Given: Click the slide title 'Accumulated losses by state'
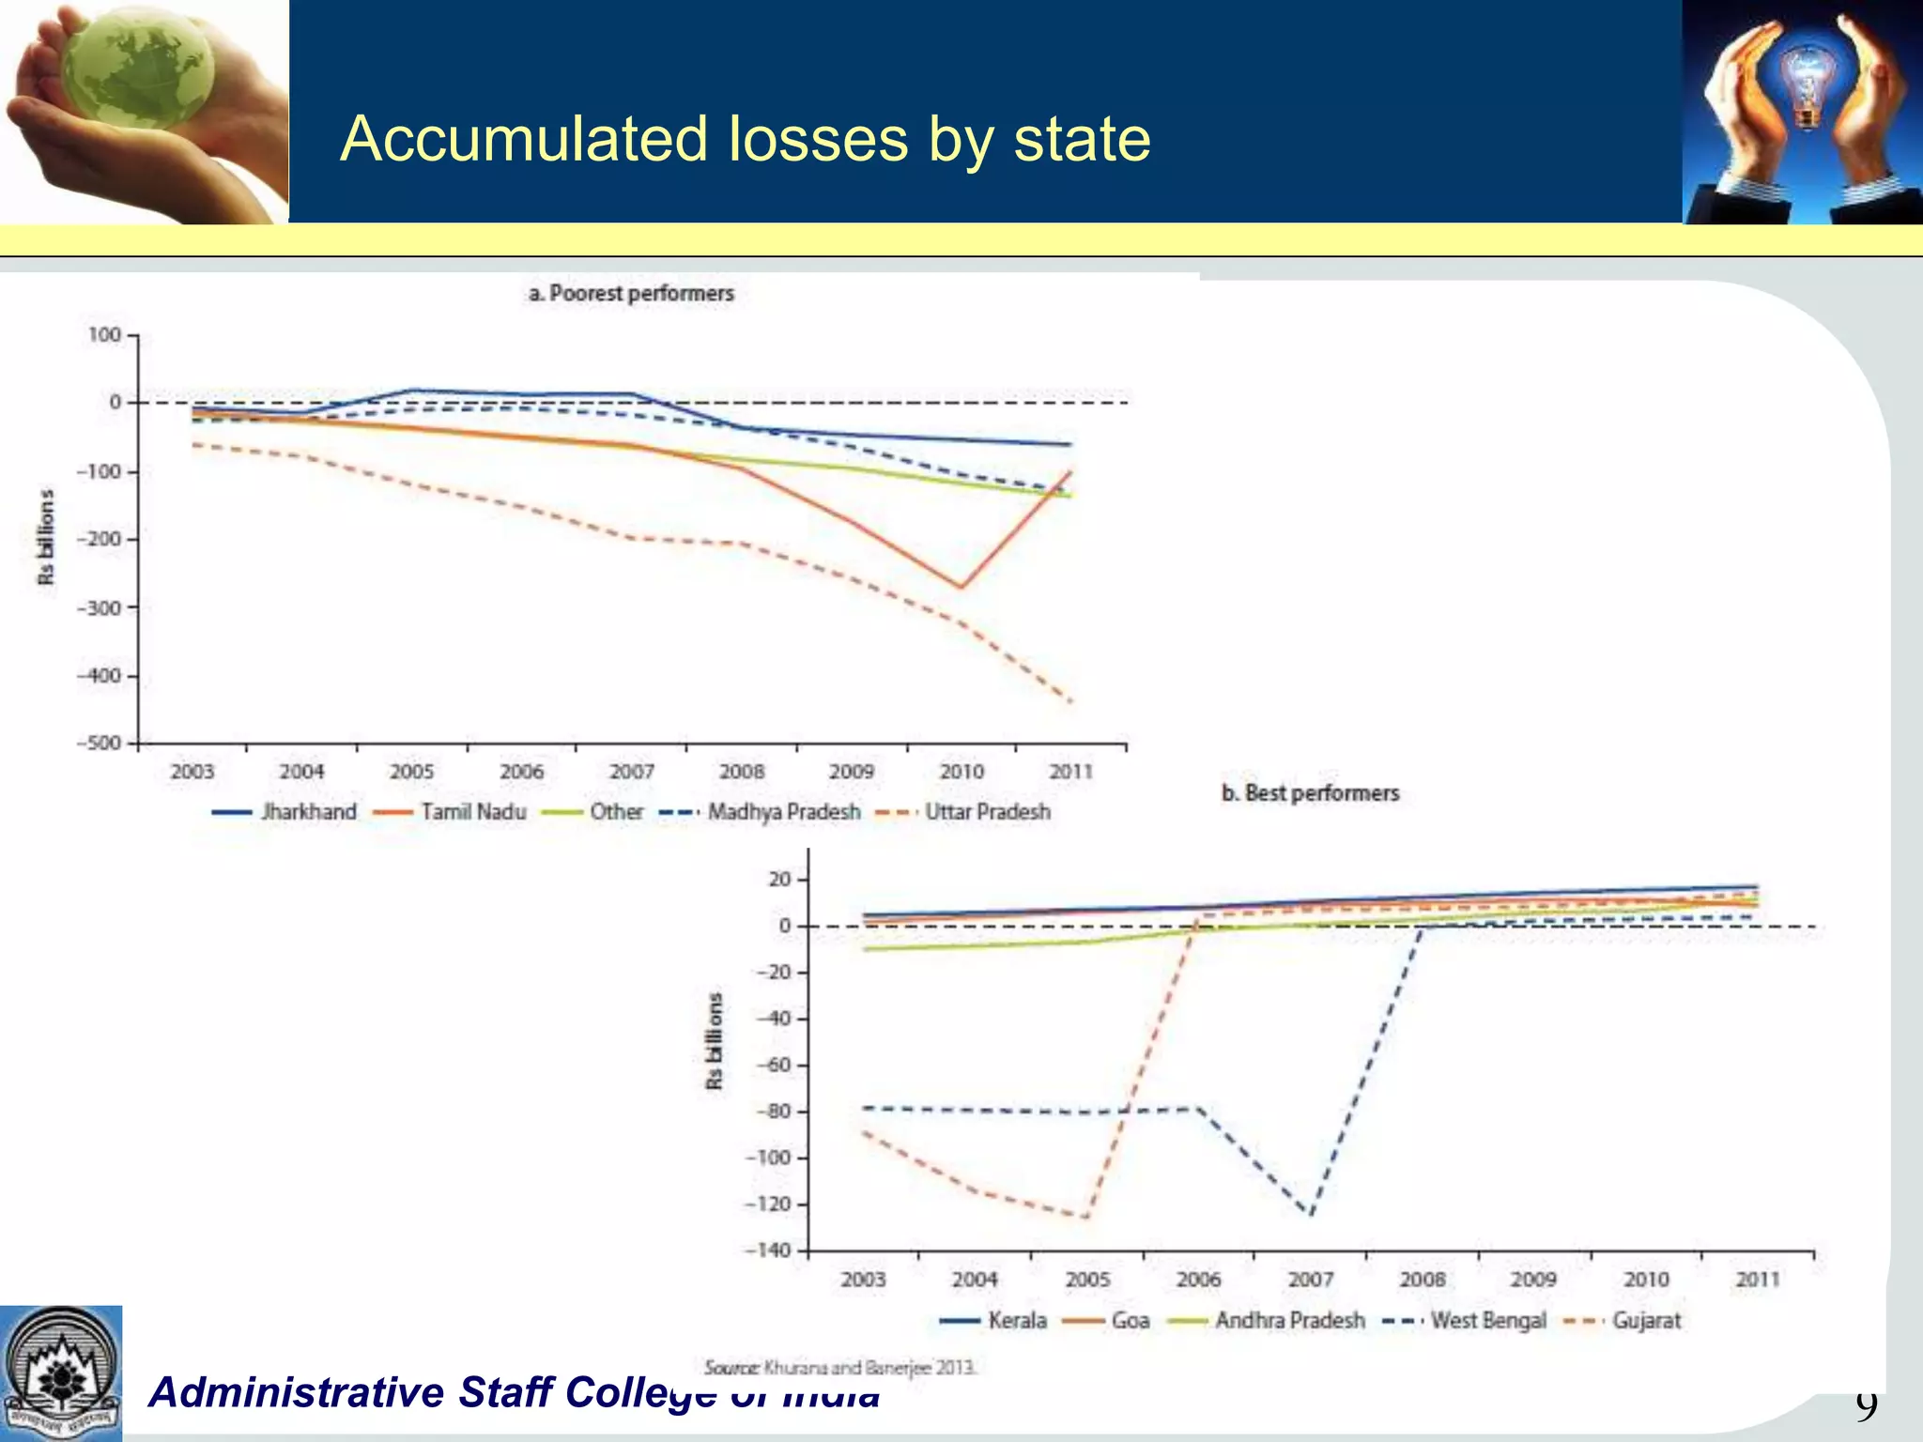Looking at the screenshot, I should click(x=745, y=139).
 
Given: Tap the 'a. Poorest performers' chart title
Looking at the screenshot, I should click(x=631, y=293).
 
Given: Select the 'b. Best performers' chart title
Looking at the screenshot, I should click(x=1310, y=793).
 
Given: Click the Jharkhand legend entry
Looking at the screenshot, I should click(x=285, y=812).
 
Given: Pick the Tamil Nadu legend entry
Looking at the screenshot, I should click(x=450, y=812).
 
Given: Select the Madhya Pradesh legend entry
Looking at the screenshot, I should click(x=761, y=812).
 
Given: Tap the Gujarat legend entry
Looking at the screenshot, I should click(x=1623, y=1321).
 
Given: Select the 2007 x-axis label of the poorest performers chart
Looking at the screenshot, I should click(x=632, y=772).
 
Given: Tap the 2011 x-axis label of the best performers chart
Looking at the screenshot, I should click(x=1758, y=1280).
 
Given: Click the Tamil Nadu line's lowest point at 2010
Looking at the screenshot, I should click(x=961, y=588).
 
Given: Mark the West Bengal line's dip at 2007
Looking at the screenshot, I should click(x=1311, y=1215).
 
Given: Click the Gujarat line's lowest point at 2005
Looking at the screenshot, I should click(x=1087, y=1218).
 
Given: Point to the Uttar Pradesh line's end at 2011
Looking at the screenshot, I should click(x=1071, y=700).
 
